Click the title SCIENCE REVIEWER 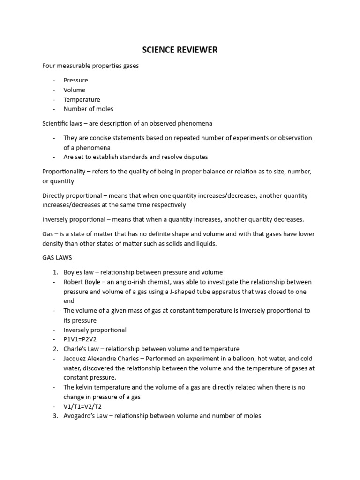(x=180, y=50)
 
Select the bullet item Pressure (x=75, y=80)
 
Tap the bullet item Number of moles (x=88, y=109)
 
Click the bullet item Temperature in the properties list (x=82, y=99)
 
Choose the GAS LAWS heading (x=57, y=258)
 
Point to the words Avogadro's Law (x=86, y=415)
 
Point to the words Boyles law (x=80, y=272)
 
